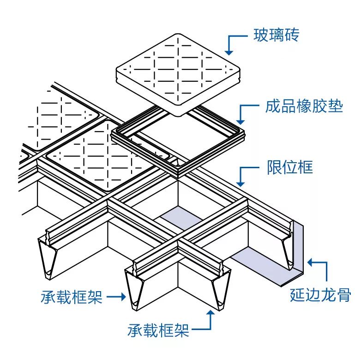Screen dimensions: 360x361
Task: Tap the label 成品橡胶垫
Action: [304, 107]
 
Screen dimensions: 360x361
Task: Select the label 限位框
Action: [289, 167]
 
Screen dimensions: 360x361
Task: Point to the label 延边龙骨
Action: [320, 295]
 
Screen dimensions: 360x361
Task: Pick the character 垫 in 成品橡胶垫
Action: [336, 107]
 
